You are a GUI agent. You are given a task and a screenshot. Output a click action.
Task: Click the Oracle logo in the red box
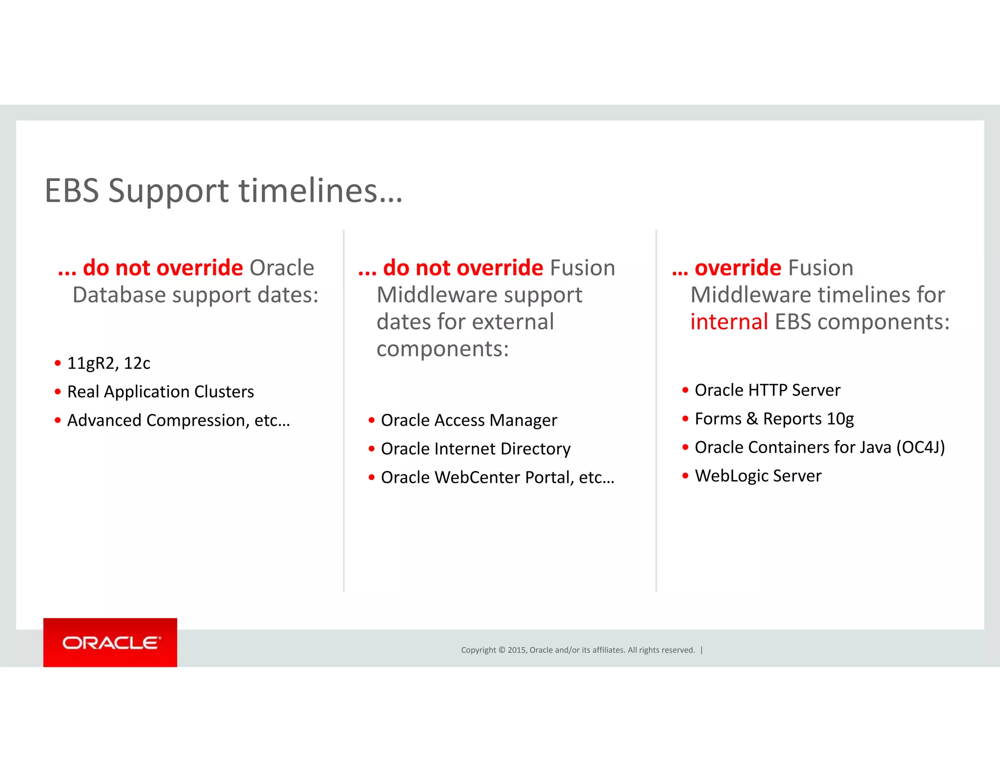point(111,643)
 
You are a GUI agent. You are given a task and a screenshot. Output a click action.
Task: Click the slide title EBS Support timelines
point(223,190)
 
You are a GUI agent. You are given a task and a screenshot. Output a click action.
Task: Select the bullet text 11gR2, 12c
point(108,363)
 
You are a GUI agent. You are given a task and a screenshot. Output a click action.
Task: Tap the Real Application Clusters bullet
point(160,392)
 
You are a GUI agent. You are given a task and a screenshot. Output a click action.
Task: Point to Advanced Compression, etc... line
point(178,420)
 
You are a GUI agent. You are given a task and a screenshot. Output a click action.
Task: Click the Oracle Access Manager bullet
point(469,420)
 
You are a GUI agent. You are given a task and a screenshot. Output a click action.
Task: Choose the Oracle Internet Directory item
point(475,449)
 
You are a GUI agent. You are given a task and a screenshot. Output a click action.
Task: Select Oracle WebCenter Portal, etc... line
point(497,477)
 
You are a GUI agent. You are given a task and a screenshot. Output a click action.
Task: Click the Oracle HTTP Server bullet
point(767,390)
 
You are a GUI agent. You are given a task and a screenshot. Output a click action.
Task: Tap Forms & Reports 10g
point(774,419)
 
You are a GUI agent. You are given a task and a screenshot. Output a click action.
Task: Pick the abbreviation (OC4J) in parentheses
point(920,447)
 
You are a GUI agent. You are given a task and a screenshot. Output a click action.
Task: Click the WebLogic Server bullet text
point(758,476)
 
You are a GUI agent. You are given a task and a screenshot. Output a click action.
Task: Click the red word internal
point(729,322)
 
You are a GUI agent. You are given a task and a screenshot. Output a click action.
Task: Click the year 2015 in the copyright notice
point(517,650)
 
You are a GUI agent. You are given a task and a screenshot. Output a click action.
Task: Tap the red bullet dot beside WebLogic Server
point(685,476)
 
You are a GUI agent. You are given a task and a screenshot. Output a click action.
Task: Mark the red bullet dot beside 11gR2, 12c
point(58,363)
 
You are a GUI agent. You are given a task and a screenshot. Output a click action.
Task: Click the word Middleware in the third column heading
point(750,295)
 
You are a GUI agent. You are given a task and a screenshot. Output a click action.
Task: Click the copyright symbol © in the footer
point(501,650)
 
